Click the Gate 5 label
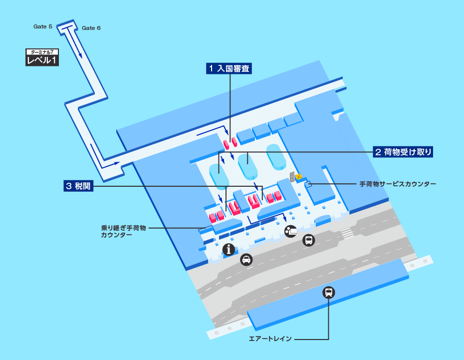[43, 26]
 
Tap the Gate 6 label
[91, 28]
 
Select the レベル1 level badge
[42, 60]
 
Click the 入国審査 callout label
[229, 69]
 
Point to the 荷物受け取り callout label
[403, 152]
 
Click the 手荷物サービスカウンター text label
[398, 184]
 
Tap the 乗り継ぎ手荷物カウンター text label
[124, 231]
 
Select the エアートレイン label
[270, 339]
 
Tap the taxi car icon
[246, 260]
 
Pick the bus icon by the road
[309, 241]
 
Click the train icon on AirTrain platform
[329, 293]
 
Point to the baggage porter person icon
[290, 231]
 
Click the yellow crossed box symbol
[299, 176]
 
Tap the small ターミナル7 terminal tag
[42, 52]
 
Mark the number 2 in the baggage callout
[378, 152]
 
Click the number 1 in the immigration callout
[212, 69]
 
